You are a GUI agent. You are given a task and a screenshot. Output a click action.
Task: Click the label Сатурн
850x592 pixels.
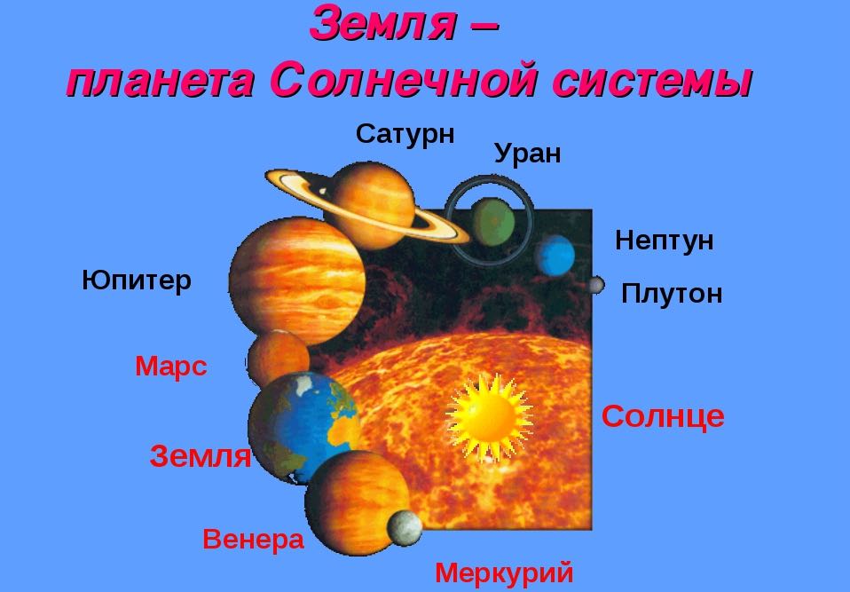coord(405,134)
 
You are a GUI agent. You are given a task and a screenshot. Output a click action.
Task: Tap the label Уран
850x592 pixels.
coord(527,154)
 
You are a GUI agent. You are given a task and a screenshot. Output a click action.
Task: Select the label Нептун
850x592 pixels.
coord(664,241)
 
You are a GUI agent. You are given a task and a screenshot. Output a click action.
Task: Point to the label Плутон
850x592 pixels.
coord(672,294)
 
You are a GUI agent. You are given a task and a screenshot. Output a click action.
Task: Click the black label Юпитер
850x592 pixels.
coord(137,281)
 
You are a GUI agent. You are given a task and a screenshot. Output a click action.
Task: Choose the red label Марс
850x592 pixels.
coord(171,367)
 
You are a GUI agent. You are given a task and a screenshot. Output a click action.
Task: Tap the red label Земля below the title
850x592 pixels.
coord(201,457)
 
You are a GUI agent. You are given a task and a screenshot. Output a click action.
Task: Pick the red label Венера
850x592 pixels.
coord(253,539)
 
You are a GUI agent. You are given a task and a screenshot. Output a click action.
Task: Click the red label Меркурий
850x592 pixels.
coord(504,572)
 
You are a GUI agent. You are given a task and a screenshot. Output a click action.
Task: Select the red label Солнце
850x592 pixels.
coord(663,416)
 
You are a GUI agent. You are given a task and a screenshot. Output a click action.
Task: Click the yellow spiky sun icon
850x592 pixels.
coord(487,415)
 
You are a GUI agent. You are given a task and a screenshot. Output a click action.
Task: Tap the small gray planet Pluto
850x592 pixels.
coord(595,285)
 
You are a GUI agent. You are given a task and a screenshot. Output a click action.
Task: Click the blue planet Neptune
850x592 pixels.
coord(555,255)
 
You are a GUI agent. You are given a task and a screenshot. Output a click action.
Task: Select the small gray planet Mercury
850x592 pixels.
coord(405,528)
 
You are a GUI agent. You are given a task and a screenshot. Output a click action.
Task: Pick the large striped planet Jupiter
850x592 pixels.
coord(296,280)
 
